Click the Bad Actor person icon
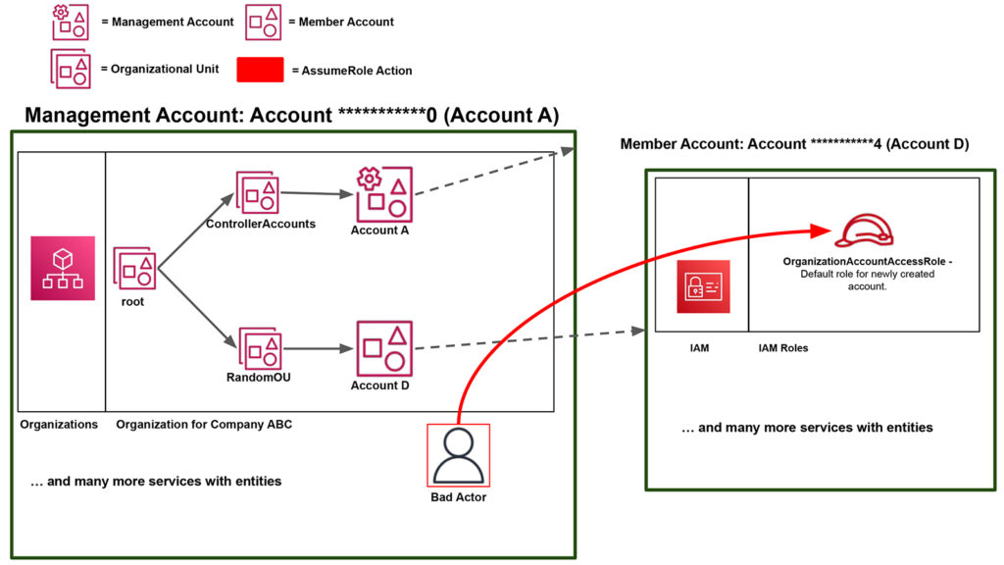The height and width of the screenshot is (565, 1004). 458,455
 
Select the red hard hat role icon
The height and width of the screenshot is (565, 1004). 864,231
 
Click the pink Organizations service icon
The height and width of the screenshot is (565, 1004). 63,268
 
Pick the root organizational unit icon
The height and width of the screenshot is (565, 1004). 134,269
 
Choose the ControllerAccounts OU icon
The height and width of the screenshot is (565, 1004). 259,193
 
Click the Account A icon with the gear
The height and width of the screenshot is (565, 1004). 384,194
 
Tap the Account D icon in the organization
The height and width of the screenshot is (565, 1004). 384,348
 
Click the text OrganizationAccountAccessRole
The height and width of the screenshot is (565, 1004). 864,262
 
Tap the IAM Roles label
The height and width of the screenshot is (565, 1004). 783,348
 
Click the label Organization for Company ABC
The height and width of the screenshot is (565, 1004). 204,425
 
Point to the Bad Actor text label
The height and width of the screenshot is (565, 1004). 458,497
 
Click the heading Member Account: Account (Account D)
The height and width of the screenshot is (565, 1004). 794,144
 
